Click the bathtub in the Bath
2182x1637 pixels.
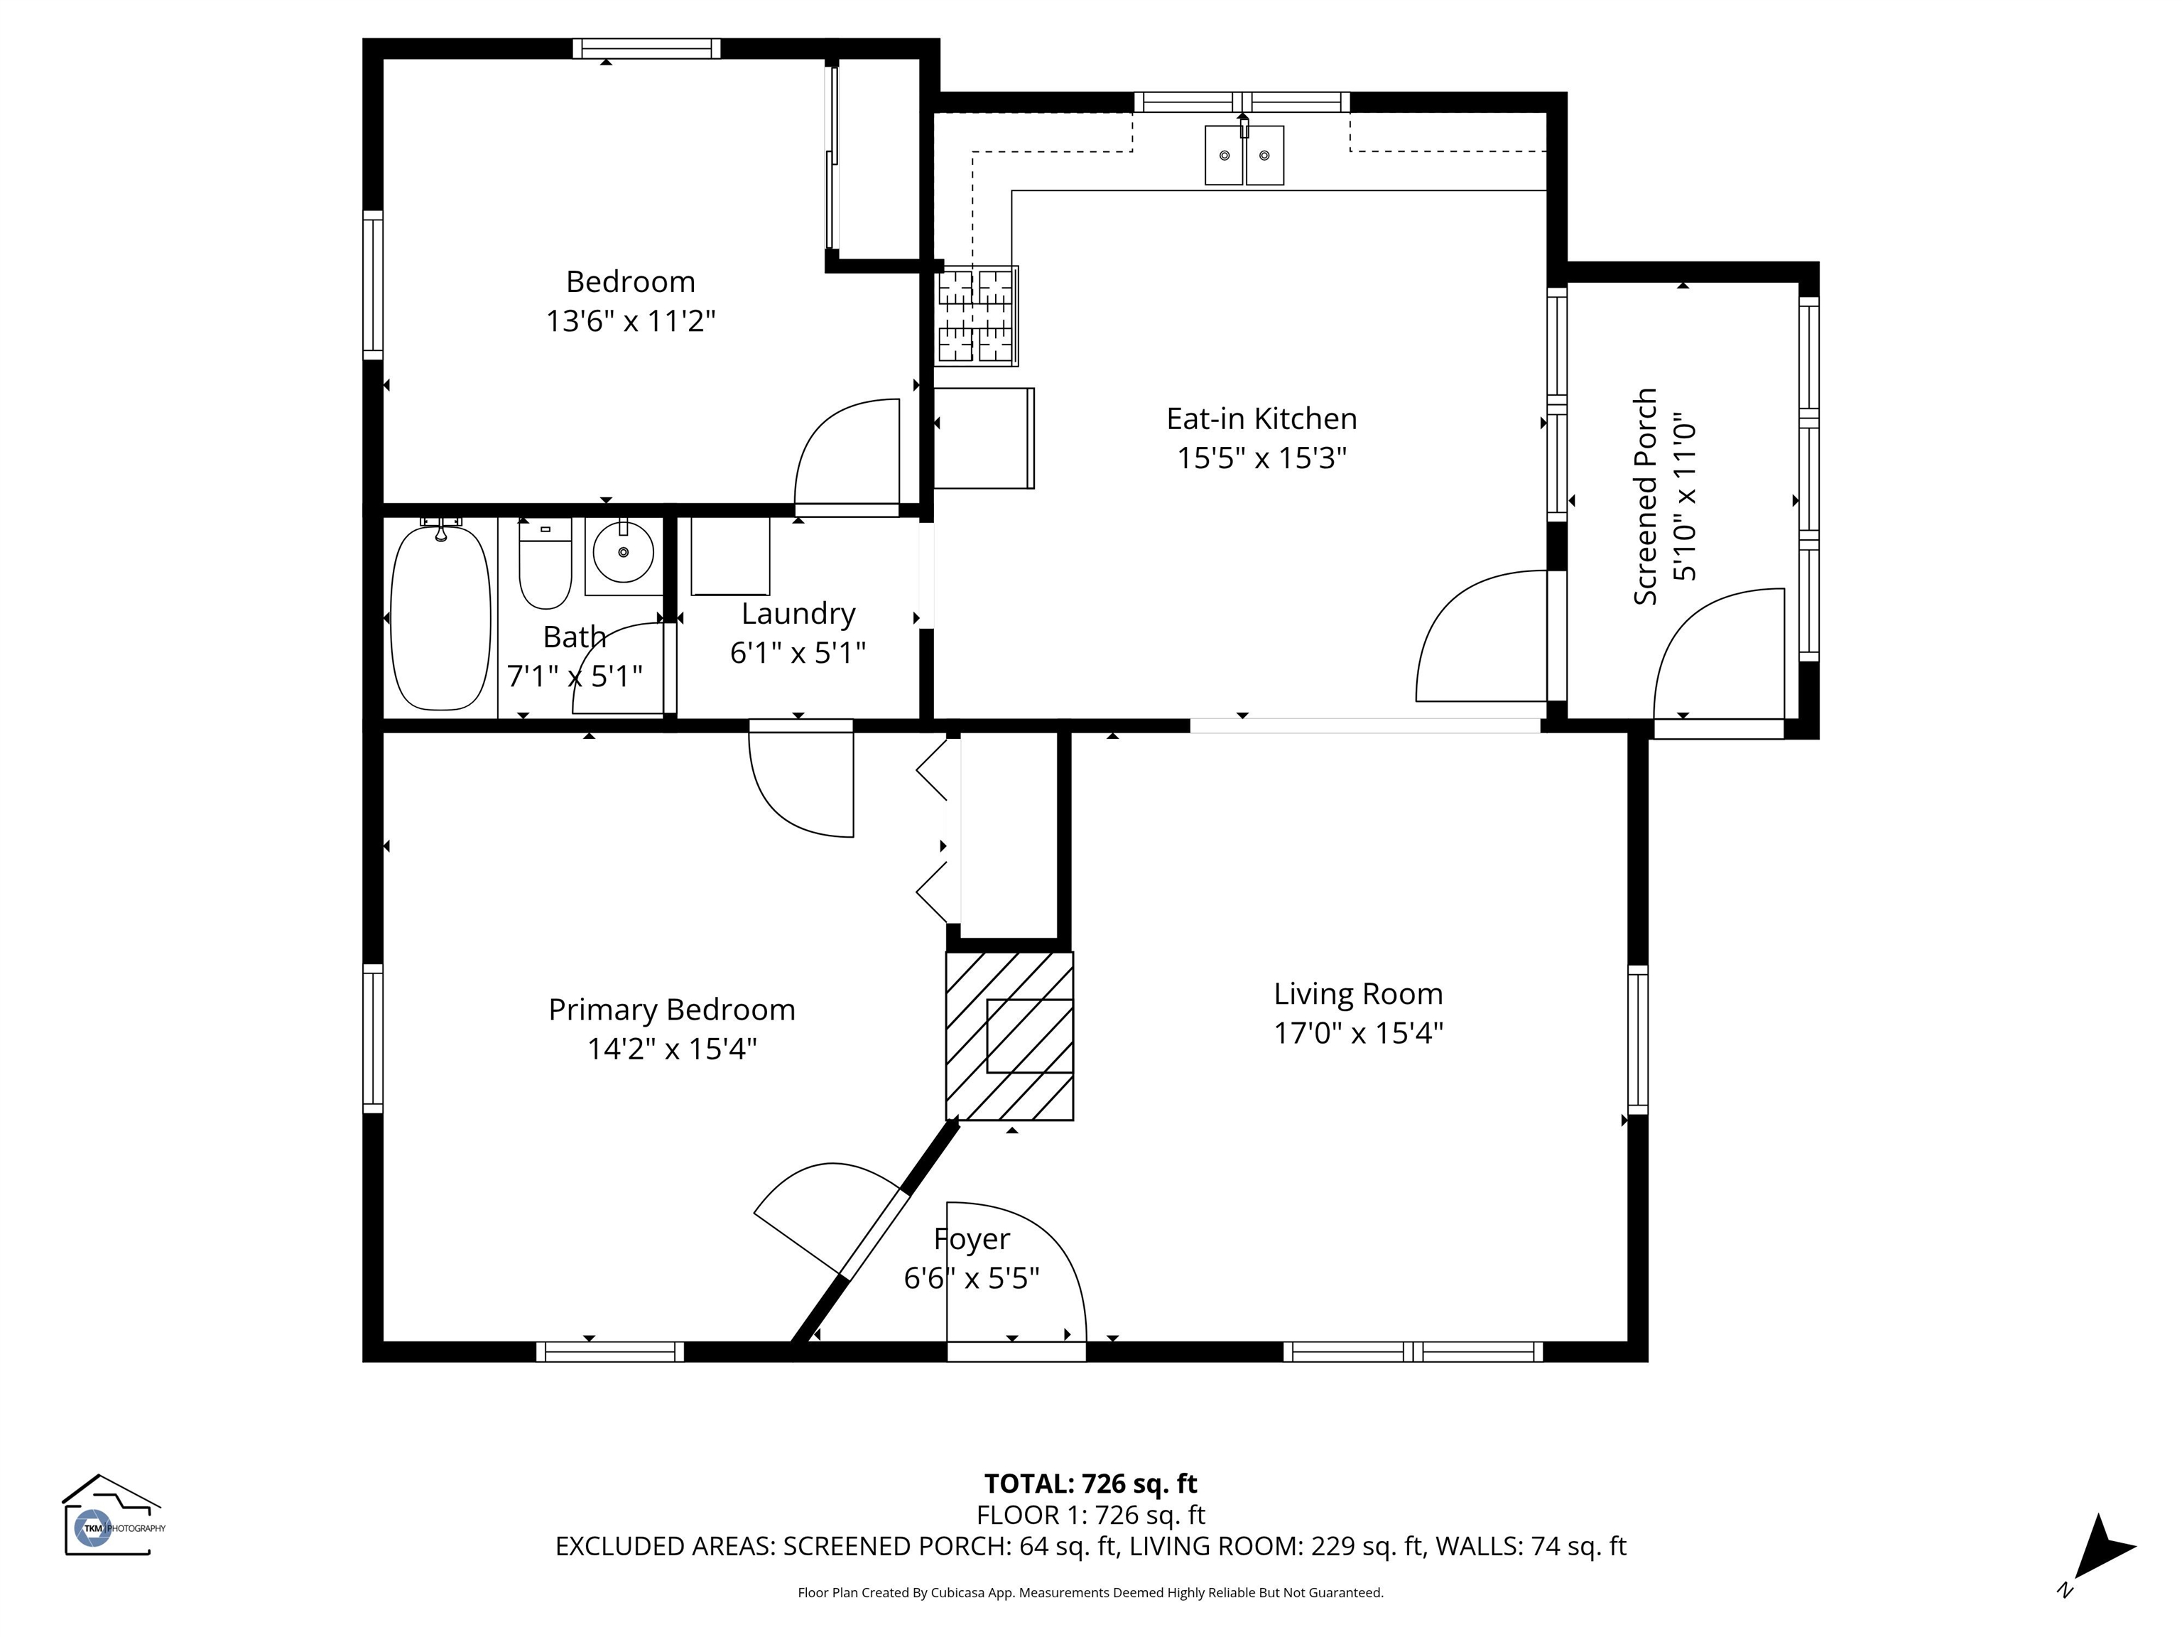[441, 617]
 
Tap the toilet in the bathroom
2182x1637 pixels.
[545, 563]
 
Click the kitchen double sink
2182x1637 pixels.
[1244, 155]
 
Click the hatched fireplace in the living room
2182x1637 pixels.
[1009, 1035]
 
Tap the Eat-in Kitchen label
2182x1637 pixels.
[1261, 419]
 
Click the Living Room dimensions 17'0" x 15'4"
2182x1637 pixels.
[1358, 1033]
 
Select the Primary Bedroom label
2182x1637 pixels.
[672, 1010]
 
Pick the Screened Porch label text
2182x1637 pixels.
[1645, 497]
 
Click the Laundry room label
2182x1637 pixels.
[798, 614]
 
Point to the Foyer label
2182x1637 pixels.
[972, 1239]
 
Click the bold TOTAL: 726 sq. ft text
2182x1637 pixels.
[1091, 1484]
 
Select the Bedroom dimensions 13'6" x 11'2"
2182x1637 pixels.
[631, 320]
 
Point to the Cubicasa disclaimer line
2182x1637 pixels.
[1091, 1593]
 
